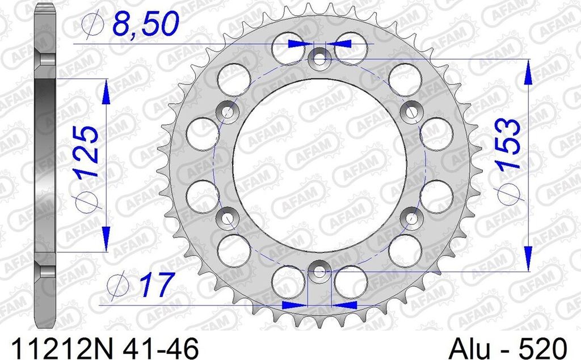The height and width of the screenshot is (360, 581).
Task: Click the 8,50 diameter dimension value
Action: click(145, 24)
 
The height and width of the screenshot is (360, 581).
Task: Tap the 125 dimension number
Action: click(86, 153)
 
